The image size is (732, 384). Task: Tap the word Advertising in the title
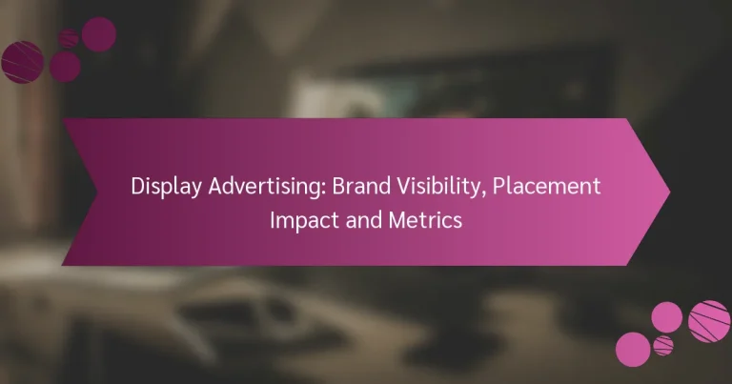tap(253, 188)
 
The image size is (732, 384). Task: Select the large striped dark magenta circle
tap(22, 61)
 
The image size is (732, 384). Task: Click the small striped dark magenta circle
tap(68, 37)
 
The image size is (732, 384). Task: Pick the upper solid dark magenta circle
tap(98, 33)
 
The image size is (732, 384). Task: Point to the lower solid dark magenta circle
tap(65, 66)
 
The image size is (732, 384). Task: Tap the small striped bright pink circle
tap(663, 345)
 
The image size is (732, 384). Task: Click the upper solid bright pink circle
tap(666, 316)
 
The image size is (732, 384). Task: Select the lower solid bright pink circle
tap(633, 348)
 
